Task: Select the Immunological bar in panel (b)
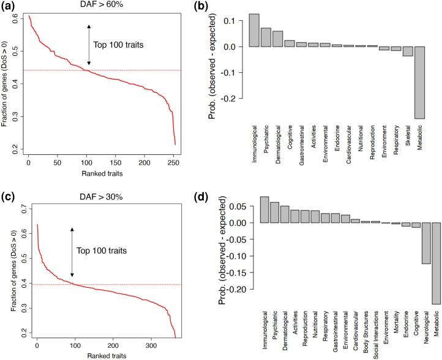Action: pyautogui.click(x=254, y=30)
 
